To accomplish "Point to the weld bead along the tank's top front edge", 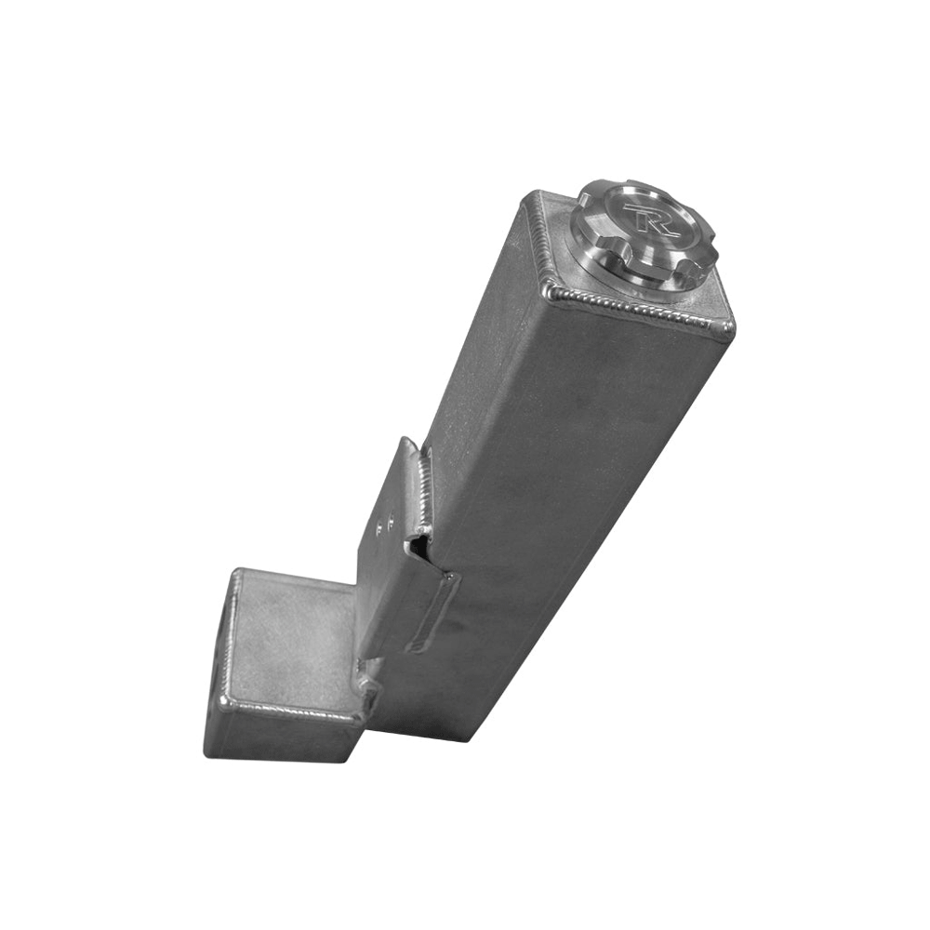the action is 639,306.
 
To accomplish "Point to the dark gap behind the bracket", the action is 421,546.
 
